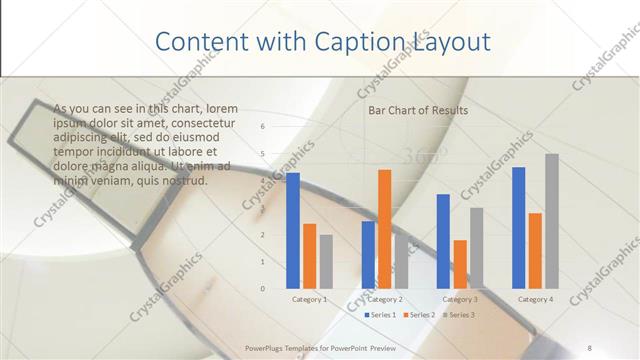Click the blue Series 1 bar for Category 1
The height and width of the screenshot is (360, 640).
pos(293,230)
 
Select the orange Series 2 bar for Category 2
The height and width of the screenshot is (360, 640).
pos(384,229)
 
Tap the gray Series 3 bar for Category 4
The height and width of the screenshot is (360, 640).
pos(552,221)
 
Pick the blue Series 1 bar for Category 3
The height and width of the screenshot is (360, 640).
pos(443,241)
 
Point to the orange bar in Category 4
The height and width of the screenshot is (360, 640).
pos(535,250)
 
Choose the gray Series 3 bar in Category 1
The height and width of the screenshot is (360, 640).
pos(326,261)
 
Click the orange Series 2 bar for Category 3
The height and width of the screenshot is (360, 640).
pos(460,264)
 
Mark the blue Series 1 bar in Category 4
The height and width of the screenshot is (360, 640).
pos(518,227)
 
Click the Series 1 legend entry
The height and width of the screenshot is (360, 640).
pos(380,315)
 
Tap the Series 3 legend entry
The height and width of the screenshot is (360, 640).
pos(459,315)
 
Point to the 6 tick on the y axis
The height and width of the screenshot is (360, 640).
pos(262,127)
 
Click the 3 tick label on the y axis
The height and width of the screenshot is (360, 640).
pos(262,208)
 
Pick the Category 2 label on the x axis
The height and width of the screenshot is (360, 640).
pos(385,300)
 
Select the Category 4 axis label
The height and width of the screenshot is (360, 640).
pos(535,300)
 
